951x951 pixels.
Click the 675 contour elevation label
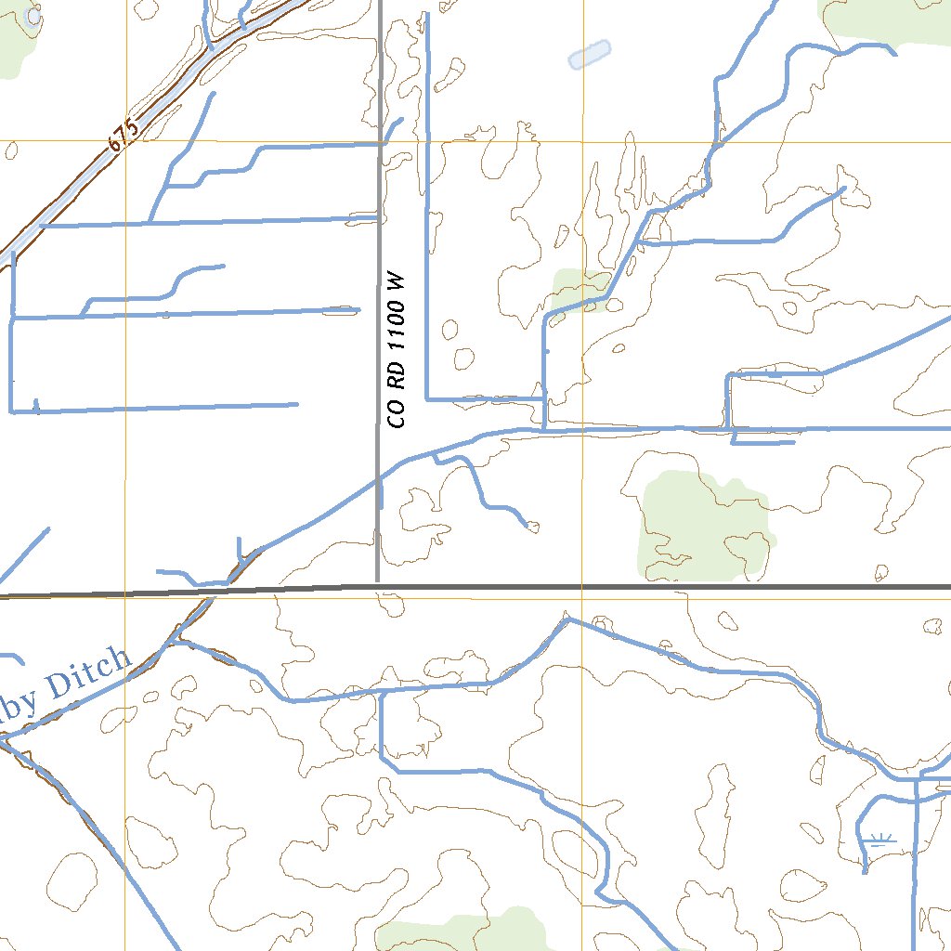tap(123, 135)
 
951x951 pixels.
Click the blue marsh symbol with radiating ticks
tap(878, 840)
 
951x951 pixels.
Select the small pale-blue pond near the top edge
tap(590, 55)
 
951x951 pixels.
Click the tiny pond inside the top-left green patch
tap(34, 16)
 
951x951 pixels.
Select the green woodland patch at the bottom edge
tap(464, 933)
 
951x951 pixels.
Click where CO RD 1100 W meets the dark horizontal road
tap(378, 586)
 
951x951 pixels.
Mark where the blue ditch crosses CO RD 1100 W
tap(379, 478)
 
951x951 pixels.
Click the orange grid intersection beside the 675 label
tap(124, 142)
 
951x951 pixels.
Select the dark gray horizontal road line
tap(650, 587)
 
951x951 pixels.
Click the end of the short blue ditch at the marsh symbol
tap(865, 872)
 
